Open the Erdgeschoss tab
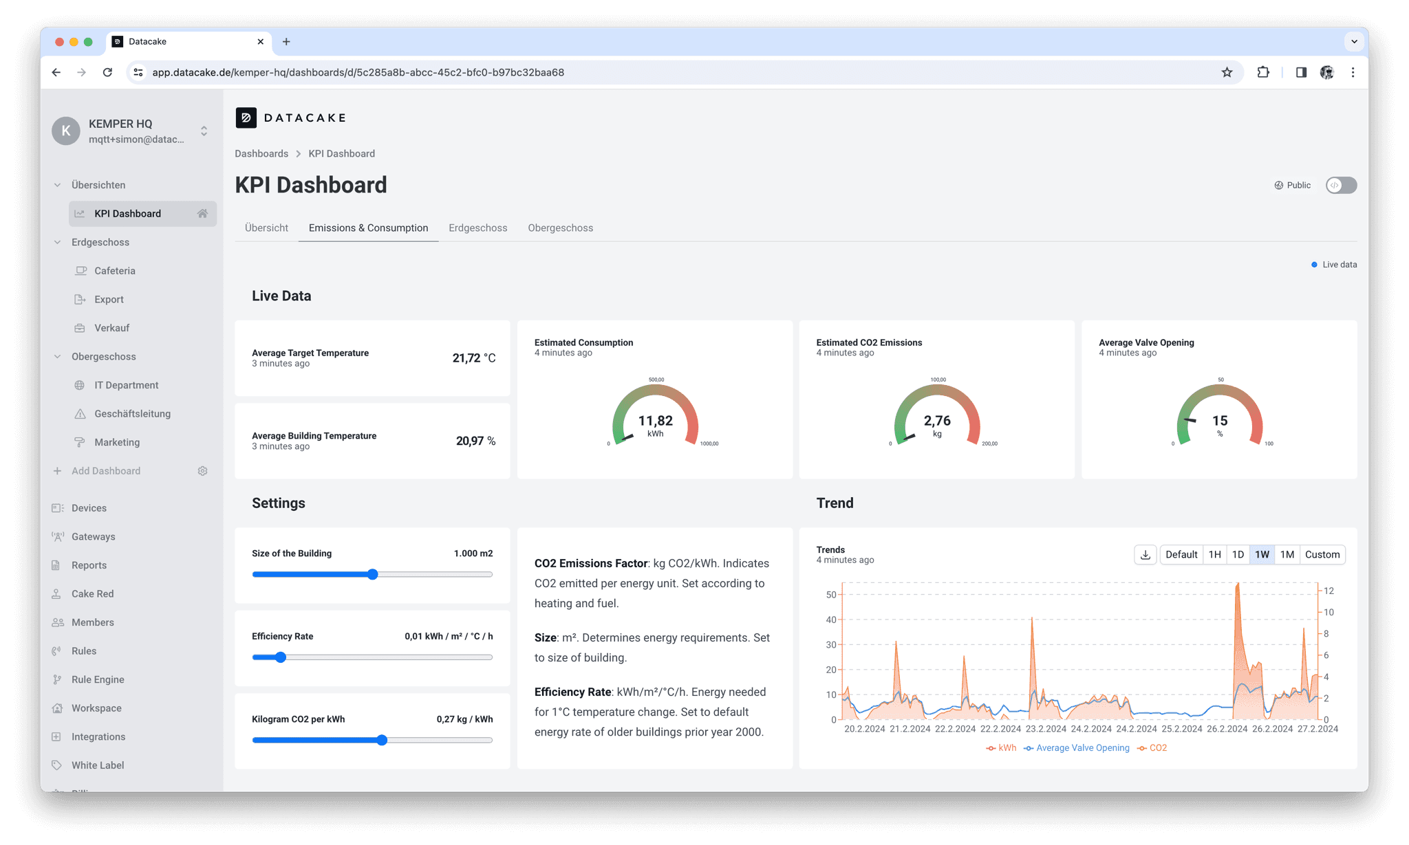(477, 228)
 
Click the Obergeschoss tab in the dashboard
(560, 228)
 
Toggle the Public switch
(1341, 185)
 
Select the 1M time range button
(1287, 555)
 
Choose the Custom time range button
(1322, 555)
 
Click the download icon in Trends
(1146, 555)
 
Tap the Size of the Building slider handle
(373, 574)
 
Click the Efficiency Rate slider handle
(281, 657)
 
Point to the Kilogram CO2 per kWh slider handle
(382, 740)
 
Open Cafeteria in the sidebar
(115, 271)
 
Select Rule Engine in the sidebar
(98, 679)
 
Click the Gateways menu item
(93, 537)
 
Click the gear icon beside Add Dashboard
(202, 471)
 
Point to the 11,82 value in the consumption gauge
(655, 421)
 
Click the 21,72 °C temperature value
(473, 358)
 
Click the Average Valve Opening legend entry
(1082, 748)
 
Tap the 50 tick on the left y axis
(831, 595)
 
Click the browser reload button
(107, 72)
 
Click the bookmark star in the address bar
(1227, 72)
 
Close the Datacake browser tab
(261, 42)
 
